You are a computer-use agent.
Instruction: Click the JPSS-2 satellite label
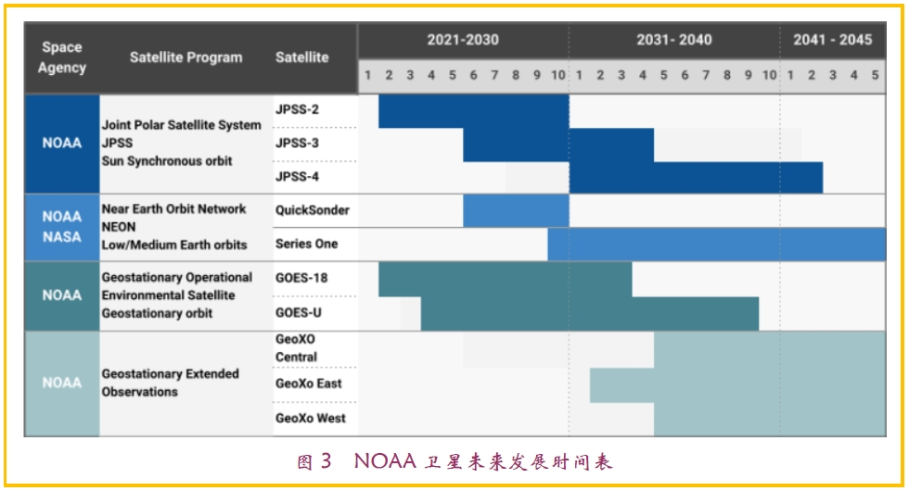(x=297, y=110)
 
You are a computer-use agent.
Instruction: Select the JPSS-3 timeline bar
(x=557, y=145)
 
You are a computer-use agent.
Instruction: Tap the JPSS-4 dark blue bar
(x=695, y=177)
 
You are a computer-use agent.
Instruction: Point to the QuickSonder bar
(x=516, y=210)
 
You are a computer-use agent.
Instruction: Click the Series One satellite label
(x=306, y=245)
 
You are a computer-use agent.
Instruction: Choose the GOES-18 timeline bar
(x=505, y=279)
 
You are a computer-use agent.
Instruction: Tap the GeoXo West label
(x=310, y=419)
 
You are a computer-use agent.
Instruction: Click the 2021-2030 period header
(x=462, y=40)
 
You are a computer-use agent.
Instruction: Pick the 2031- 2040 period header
(x=673, y=40)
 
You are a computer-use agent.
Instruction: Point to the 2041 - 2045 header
(x=832, y=40)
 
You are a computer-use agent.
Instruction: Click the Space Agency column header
(x=62, y=57)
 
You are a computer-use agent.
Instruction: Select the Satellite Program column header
(x=186, y=57)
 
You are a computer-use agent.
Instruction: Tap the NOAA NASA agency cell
(x=62, y=227)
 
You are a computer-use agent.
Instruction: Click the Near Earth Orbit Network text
(x=173, y=209)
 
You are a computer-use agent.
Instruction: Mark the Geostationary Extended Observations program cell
(x=170, y=383)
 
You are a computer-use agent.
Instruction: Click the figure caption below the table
(x=454, y=461)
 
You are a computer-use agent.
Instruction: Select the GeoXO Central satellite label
(x=296, y=348)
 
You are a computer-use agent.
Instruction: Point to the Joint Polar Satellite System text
(x=181, y=125)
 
